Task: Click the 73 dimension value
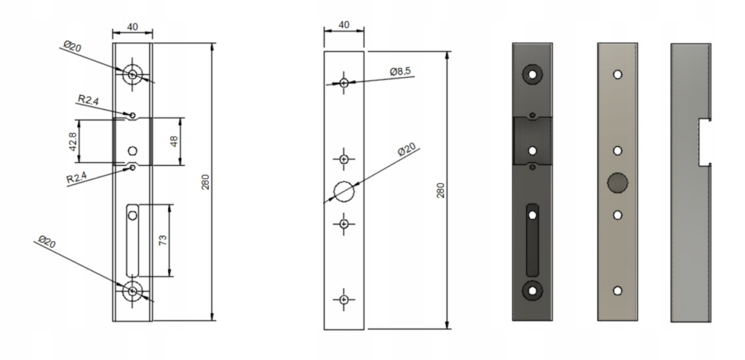pos(163,240)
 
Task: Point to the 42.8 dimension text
pos(72,142)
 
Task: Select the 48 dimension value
pos(174,142)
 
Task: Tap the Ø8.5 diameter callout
pos(400,72)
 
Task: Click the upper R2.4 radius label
pos(88,100)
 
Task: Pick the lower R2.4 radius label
pos(76,178)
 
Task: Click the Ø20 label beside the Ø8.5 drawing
pos(407,149)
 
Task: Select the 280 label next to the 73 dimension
pos(205,183)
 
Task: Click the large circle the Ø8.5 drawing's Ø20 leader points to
pos(344,191)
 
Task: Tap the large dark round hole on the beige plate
pos(618,183)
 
